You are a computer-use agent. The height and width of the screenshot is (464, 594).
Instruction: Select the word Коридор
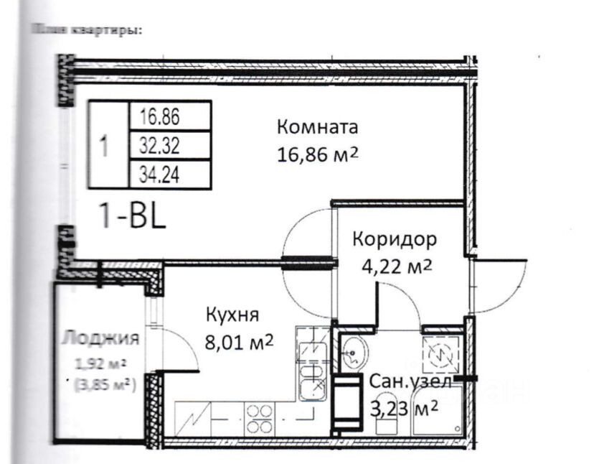pos(394,239)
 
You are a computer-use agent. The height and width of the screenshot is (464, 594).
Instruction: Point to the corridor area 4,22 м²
pos(395,266)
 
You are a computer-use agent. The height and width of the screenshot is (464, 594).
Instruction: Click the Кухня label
pos(232,315)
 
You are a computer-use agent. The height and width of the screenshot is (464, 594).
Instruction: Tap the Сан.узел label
pos(410,382)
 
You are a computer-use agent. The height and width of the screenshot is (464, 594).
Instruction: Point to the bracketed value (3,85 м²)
pos(105,384)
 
